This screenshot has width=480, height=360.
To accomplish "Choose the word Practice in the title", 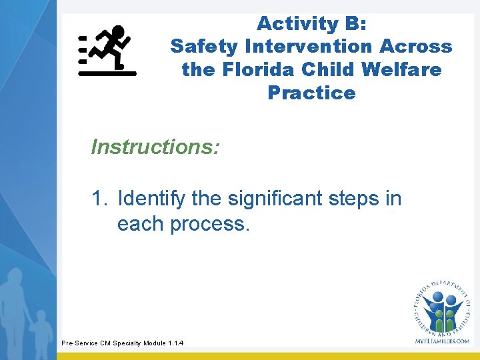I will tap(311, 93).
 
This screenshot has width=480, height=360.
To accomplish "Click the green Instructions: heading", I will tap(155, 146).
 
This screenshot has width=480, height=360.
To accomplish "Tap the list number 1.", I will tap(99, 199).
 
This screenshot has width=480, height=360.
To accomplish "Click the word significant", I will tap(276, 199).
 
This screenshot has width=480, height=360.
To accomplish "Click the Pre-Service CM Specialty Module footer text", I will tap(122, 343).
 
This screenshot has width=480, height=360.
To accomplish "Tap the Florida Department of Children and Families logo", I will tap(441, 307).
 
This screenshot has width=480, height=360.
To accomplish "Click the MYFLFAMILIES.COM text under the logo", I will tap(441, 341).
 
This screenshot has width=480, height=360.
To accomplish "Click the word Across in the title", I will tap(415, 47).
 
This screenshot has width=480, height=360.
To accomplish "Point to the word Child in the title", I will tap(326, 69).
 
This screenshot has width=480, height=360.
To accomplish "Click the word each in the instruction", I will tap(141, 224).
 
